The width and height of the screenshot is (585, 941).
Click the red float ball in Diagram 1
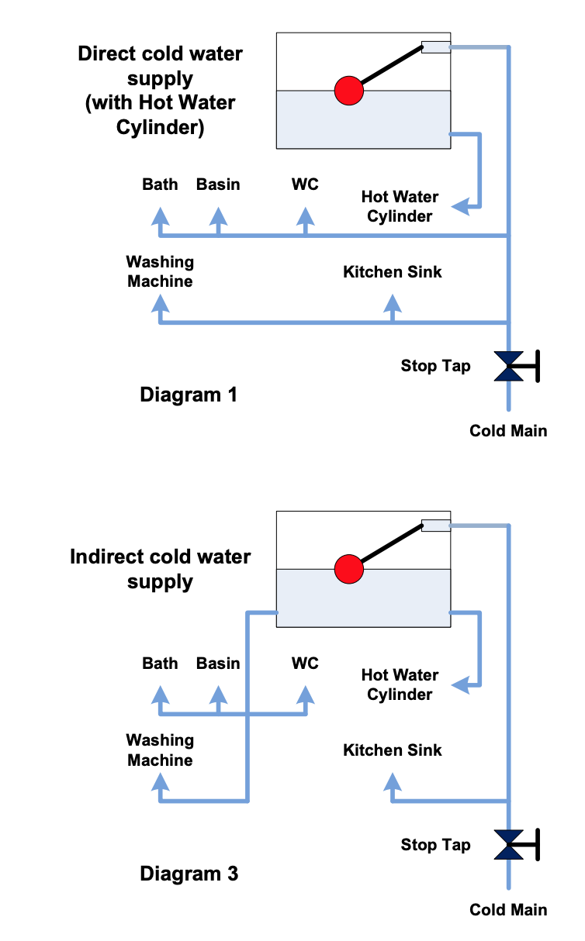[348, 91]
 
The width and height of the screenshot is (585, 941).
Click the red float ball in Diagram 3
[348, 570]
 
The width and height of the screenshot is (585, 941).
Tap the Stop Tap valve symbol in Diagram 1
[511, 366]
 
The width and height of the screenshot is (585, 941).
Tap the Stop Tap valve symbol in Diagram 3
[511, 844]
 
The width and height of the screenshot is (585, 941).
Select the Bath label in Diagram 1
[160, 184]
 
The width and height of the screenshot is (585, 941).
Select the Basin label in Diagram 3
[218, 664]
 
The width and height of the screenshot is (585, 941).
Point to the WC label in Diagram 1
[305, 184]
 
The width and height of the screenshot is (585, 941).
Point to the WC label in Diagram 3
[305, 664]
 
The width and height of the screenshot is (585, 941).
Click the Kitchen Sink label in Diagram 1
[393, 272]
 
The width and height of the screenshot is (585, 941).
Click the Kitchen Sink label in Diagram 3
[393, 750]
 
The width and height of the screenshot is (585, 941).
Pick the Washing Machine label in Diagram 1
[160, 272]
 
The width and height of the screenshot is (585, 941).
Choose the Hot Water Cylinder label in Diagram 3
[400, 684]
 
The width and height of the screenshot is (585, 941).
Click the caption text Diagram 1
[189, 395]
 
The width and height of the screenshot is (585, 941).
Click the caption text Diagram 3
[189, 874]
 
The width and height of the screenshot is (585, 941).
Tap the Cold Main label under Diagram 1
[508, 431]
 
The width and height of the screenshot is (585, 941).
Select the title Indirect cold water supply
[161, 569]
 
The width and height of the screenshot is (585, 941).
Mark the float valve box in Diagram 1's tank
[435, 47]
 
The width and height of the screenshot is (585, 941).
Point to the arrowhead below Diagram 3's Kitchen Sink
[393, 779]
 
